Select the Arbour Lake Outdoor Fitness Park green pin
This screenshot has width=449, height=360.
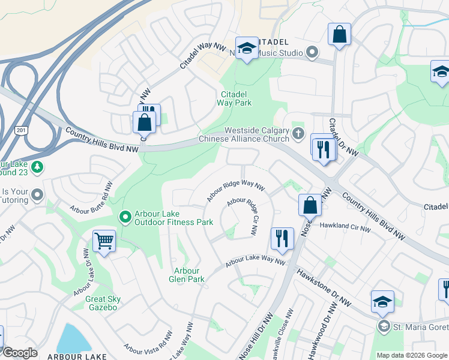coord(125,217)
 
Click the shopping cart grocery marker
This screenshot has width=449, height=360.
coord(104,242)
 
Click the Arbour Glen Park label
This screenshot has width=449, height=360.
coord(189,275)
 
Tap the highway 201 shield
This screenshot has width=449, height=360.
coord(22,131)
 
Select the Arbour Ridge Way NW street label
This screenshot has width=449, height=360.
coord(235,191)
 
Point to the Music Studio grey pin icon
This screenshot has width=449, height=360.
coord(312,53)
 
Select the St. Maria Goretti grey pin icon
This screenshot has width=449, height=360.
coord(384,326)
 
